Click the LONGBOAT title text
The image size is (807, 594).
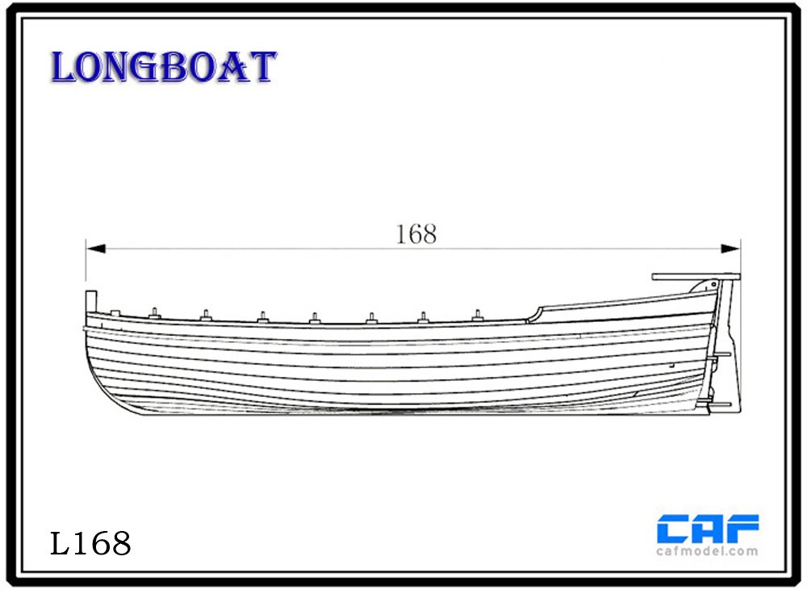(x=163, y=67)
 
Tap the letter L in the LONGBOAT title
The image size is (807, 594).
(x=63, y=68)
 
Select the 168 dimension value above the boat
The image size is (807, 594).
(x=416, y=234)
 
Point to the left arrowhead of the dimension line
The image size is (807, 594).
(x=96, y=249)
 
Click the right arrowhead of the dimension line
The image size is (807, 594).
(x=730, y=249)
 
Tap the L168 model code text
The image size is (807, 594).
(x=90, y=543)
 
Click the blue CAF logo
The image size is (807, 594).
(x=708, y=529)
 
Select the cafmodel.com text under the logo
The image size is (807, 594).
(x=707, y=551)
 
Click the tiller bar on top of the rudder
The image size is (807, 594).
(x=696, y=277)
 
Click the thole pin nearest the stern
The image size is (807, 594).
(x=477, y=315)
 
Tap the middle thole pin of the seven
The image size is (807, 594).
(x=315, y=318)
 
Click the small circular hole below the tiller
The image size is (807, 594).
(x=714, y=283)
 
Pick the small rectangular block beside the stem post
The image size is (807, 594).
(x=115, y=312)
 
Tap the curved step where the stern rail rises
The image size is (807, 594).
(x=535, y=313)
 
